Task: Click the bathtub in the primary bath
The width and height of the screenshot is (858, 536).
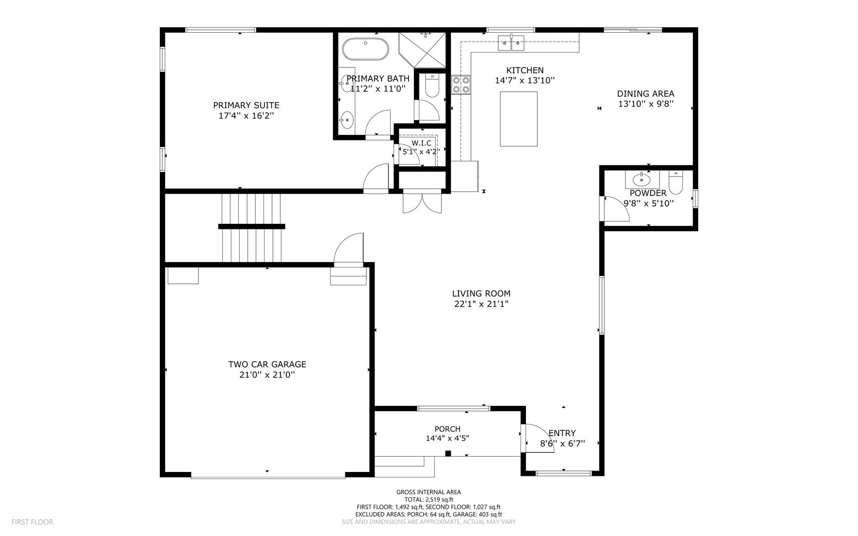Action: (366, 49)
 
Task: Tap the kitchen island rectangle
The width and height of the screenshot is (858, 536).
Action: (519, 119)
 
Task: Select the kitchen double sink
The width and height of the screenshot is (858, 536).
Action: (512, 43)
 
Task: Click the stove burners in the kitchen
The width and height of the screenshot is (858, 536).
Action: (461, 85)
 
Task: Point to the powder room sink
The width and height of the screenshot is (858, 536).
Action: (642, 179)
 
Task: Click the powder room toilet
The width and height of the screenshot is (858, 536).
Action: (676, 183)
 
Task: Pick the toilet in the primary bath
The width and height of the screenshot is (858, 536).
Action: (433, 86)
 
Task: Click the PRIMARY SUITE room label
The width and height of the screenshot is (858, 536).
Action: (246, 105)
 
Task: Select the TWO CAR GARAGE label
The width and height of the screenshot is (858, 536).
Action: (267, 364)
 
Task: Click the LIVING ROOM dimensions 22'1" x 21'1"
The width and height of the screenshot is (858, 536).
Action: (481, 304)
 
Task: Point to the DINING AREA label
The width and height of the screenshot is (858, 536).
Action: (646, 94)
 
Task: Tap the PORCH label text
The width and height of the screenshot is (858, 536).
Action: (448, 429)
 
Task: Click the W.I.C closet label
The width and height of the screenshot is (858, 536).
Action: (421, 143)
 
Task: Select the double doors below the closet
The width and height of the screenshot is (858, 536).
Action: (422, 202)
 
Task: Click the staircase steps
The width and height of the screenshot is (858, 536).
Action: (252, 228)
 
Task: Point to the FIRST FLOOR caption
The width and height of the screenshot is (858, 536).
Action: (32, 522)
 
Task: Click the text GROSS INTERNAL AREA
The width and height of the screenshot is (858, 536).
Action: (429, 492)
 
